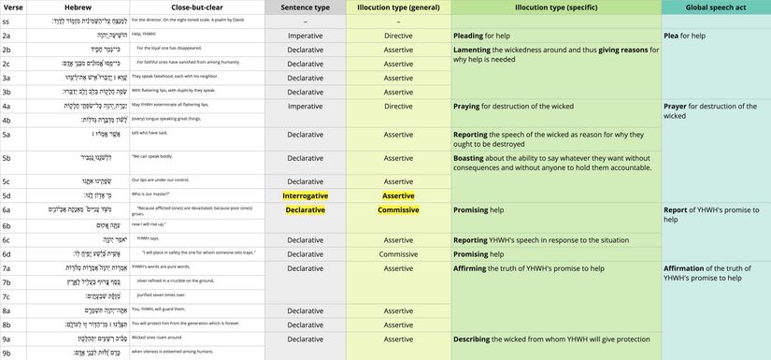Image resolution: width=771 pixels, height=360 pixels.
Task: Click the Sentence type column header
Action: point(305,7)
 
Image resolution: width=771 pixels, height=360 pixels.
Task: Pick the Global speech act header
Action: point(715,7)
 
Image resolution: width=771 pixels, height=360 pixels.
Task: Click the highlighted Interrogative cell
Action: point(305,195)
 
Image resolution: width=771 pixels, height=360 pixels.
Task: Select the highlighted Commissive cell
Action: point(398,210)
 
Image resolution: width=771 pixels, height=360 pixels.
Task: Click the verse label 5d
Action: point(7,195)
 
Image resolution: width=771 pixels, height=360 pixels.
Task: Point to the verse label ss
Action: point(7,20)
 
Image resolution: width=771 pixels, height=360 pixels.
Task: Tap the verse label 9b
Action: point(7,353)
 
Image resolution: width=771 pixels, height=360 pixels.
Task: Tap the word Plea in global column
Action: point(672,35)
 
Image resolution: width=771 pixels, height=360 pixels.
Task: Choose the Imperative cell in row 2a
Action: point(305,35)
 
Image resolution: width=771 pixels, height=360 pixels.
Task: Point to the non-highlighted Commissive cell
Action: point(398,253)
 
